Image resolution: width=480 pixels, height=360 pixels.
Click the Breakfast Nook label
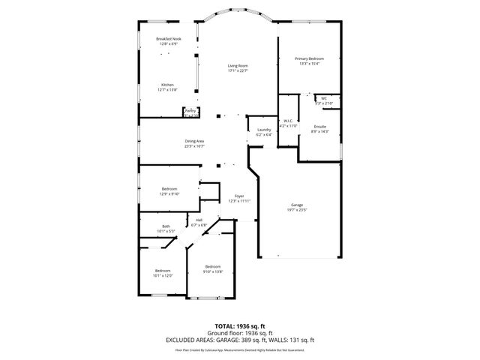tap(169, 39)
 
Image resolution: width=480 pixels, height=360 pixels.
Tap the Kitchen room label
tap(168, 85)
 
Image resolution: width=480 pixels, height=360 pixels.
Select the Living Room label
tap(238, 66)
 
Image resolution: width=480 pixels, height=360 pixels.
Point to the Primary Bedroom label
tap(309, 58)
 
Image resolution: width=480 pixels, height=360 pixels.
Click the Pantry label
tap(190, 111)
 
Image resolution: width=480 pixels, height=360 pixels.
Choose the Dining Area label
tap(195, 141)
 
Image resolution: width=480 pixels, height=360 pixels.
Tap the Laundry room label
tap(264, 130)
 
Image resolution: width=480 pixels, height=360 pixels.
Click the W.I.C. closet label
tap(288, 121)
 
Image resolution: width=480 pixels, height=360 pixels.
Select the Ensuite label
tap(319, 127)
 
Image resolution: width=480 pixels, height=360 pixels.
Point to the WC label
tap(324, 98)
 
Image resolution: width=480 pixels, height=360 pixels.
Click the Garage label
tap(297, 205)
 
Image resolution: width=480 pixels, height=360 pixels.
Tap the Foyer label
tap(239, 196)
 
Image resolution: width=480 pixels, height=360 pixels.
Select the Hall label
tap(199, 220)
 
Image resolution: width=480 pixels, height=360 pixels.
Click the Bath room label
tap(166, 226)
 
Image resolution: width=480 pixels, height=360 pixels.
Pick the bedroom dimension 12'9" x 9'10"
tap(169, 193)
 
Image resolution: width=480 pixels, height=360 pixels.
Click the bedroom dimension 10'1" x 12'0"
tap(163, 275)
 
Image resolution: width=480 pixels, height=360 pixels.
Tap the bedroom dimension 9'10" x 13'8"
tap(213, 271)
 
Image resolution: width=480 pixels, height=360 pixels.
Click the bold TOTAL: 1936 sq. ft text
tap(240, 326)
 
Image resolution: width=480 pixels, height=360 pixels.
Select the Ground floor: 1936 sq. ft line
tap(240, 333)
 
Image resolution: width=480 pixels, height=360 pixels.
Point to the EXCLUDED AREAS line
tap(240, 340)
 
